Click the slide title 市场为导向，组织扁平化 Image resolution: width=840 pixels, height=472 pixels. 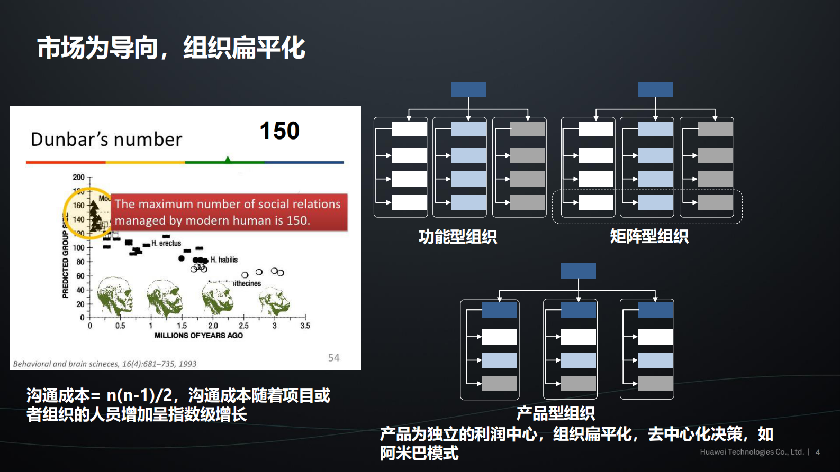click(x=171, y=48)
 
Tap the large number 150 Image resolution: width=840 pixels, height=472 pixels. click(x=279, y=131)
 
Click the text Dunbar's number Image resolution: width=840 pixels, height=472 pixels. click(x=106, y=140)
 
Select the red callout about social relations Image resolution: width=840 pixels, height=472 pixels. click(x=228, y=212)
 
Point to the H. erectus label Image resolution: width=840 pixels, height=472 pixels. click(x=166, y=243)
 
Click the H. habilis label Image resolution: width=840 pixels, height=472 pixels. click(x=224, y=260)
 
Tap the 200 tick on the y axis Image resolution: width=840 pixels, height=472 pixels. click(x=78, y=177)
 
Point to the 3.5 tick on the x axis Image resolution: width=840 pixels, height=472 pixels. click(x=305, y=326)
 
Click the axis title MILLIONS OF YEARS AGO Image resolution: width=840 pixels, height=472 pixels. click(x=198, y=335)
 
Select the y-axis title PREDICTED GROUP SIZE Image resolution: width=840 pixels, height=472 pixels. click(x=66, y=259)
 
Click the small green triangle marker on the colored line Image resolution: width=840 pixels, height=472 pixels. click(x=228, y=160)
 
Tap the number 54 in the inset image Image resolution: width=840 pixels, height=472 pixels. click(x=333, y=358)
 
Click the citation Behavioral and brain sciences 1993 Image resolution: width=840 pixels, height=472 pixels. click(x=105, y=364)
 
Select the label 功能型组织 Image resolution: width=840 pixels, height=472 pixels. click(x=458, y=236)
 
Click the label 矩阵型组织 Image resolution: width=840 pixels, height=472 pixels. click(x=649, y=236)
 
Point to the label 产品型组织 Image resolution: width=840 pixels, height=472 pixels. click(x=556, y=413)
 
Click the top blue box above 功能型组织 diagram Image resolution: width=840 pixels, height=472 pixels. click(x=468, y=89)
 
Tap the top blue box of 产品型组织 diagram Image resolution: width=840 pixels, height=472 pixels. click(x=578, y=271)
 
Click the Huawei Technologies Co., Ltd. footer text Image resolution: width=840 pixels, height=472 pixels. click(x=752, y=452)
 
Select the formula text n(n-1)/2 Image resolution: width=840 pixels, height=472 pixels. click(x=139, y=395)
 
